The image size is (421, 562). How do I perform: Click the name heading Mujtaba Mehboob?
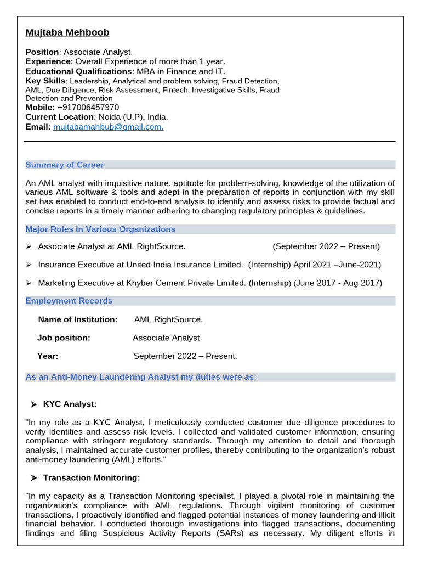click(x=67, y=32)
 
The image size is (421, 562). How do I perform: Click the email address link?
click(x=108, y=127)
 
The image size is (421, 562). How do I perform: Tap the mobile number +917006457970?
click(x=88, y=108)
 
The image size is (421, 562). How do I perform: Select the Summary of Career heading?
click(x=65, y=165)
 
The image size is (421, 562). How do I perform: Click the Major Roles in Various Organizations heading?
click(x=100, y=229)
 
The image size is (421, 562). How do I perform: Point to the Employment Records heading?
click(x=69, y=301)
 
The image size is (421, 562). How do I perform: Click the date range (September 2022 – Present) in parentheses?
click(x=326, y=246)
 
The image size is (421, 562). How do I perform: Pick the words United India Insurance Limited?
click(x=184, y=265)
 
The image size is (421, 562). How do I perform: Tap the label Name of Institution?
click(x=78, y=319)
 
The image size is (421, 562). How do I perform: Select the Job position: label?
click(x=64, y=338)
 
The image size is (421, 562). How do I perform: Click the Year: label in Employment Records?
click(x=48, y=356)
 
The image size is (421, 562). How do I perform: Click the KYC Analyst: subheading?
click(x=70, y=404)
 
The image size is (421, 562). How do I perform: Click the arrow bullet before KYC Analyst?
click(x=33, y=405)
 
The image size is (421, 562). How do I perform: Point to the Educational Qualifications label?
click(x=78, y=71)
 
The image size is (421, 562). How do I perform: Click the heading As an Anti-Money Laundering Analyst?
click(x=141, y=377)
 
